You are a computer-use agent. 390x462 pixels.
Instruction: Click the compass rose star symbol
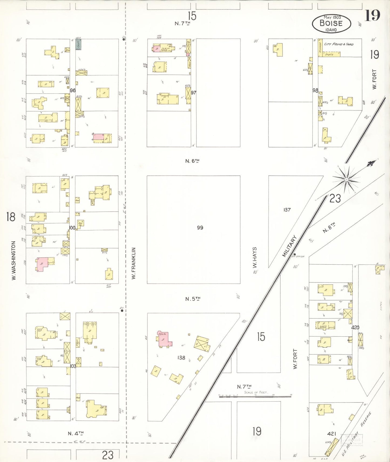(346, 179)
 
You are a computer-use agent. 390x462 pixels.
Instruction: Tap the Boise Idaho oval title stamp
(331, 24)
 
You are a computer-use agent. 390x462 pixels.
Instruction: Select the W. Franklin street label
(134, 263)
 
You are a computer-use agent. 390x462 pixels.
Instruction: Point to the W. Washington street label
(13, 260)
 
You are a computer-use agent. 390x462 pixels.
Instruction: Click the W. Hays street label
(255, 257)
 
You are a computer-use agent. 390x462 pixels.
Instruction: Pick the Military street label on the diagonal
(289, 246)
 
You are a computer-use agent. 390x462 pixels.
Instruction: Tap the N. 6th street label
(192, 161)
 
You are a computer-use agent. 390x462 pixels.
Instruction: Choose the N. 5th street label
(193, 299)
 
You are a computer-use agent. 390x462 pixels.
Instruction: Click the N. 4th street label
(76, 433)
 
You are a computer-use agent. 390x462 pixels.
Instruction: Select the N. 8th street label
(329, 227)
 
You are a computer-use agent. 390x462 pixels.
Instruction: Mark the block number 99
(200, 228)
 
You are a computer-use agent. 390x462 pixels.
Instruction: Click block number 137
(287, 209)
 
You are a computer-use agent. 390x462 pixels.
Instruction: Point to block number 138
(181, 358)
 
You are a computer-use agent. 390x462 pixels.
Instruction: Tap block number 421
(331, 434)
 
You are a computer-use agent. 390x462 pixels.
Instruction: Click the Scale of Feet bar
(255, 396)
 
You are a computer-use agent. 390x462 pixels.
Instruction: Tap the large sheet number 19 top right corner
(372, 15)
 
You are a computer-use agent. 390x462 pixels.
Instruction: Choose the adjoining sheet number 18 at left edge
(11, 217)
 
